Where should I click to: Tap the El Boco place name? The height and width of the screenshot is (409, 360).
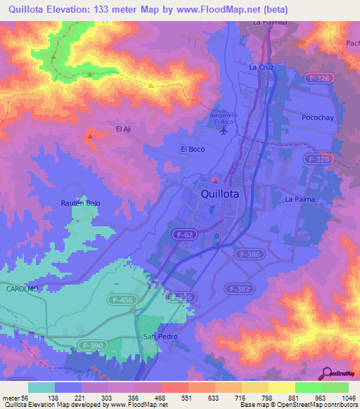(192, 149)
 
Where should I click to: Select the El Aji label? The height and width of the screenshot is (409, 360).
(124, 129)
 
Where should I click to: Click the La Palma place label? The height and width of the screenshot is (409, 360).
(300, 200)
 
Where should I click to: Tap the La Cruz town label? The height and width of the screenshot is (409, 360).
(261, 67)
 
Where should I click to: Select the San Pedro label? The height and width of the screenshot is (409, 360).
(160, 337)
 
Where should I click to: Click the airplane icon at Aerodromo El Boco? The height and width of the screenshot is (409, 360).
(224, 129)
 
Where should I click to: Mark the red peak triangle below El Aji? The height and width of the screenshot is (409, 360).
(89, 136)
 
